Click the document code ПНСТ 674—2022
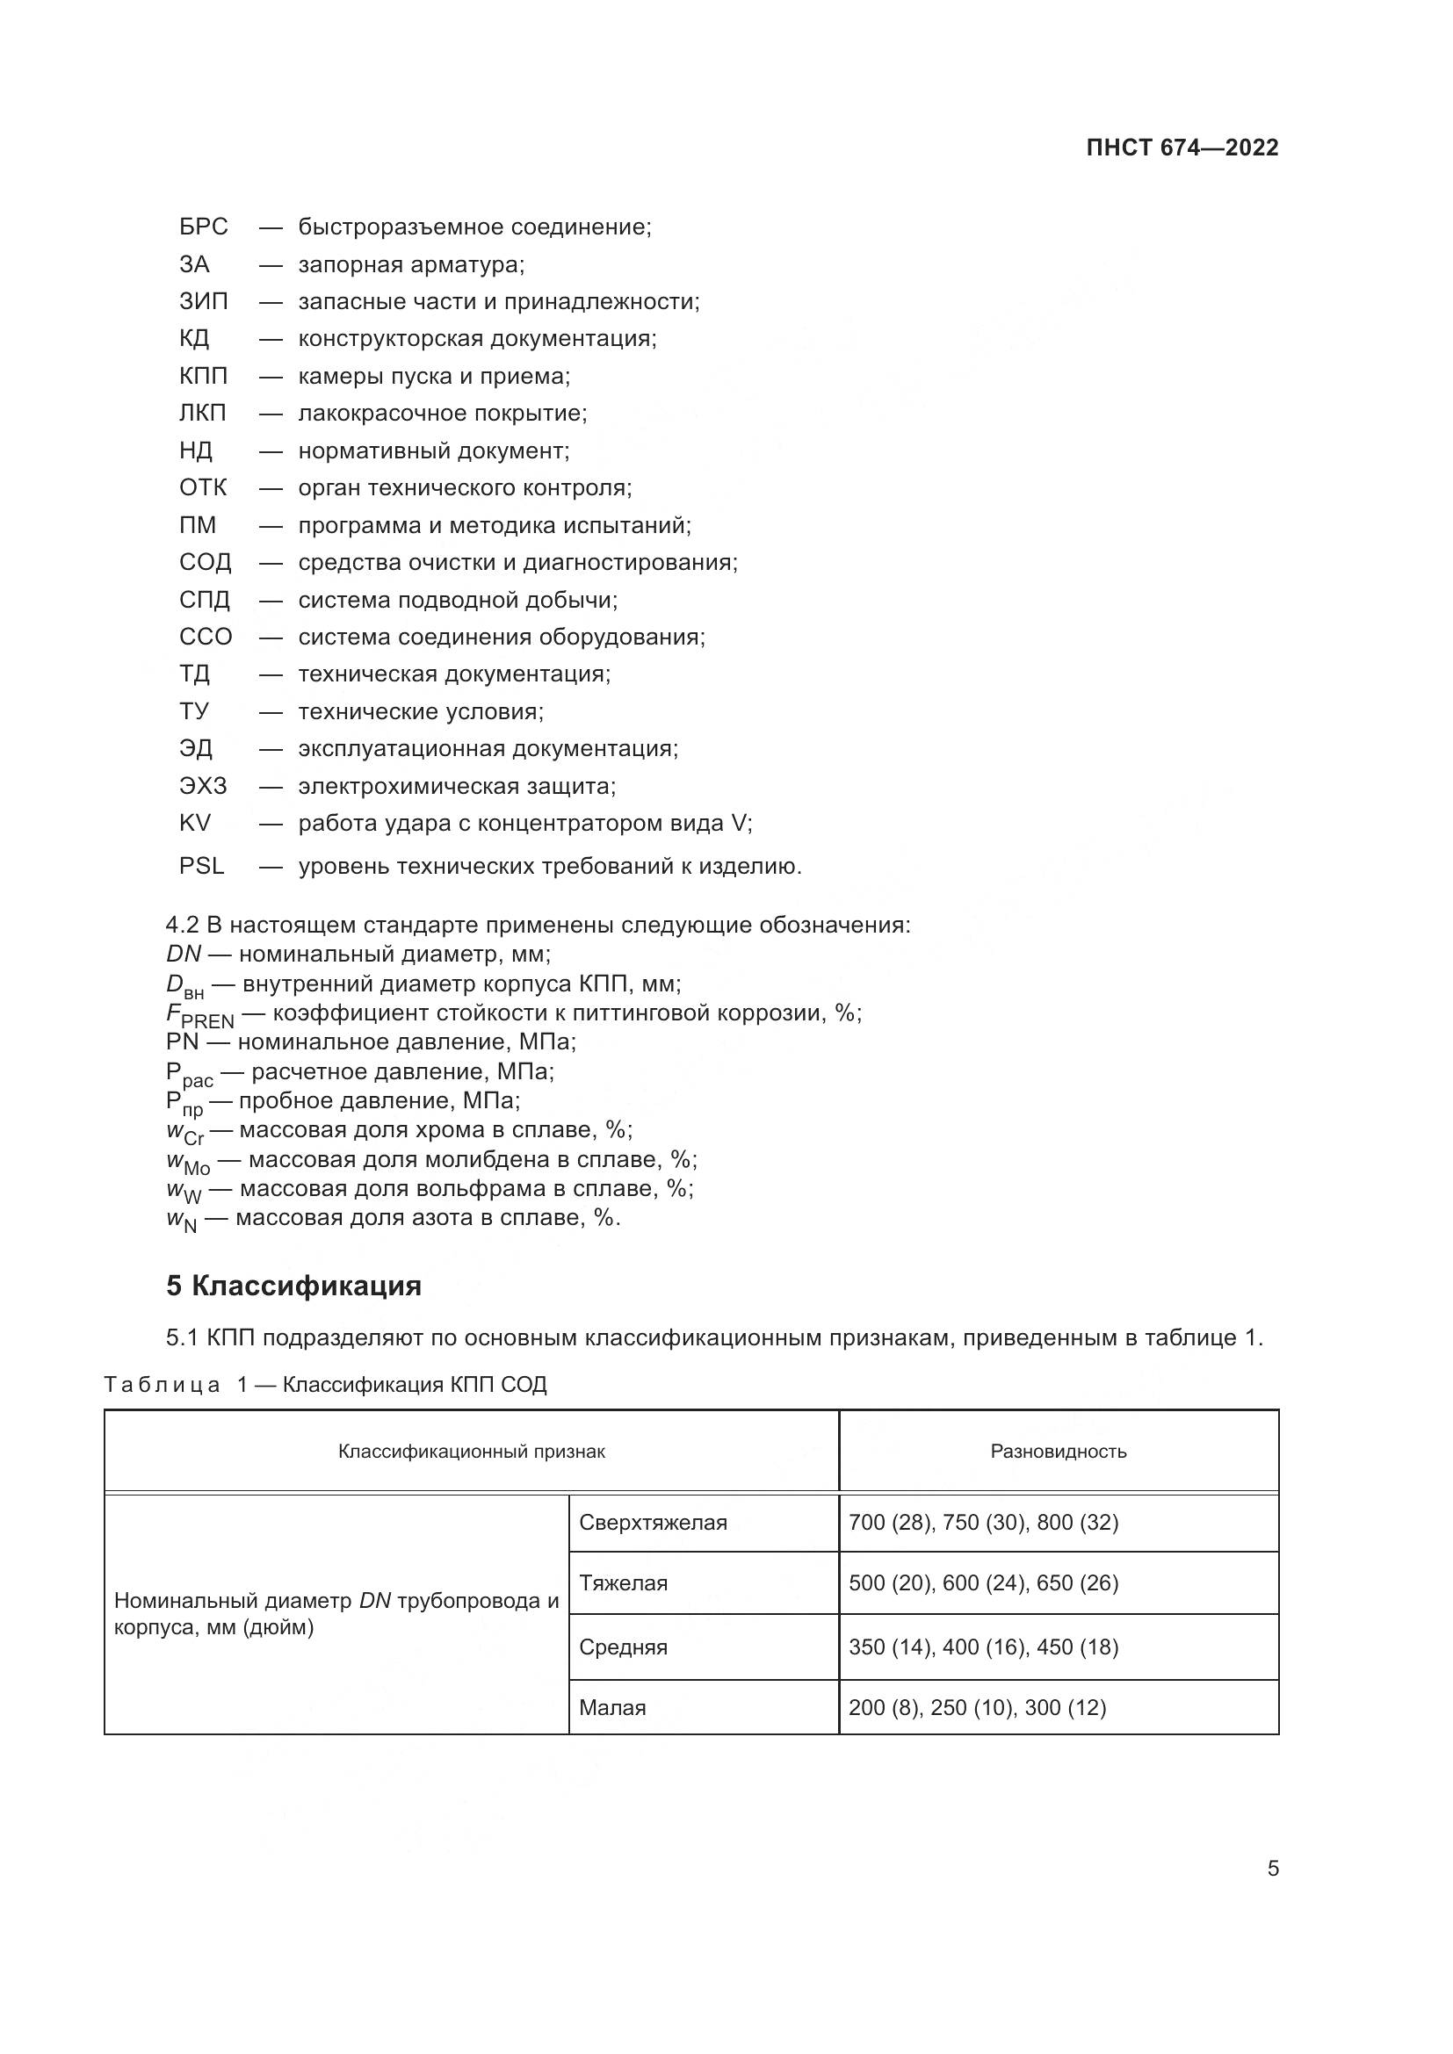tap(1182, 148)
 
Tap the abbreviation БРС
tap(203, 227)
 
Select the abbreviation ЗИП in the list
tap(203, 301)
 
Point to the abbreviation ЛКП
tap(202, 414)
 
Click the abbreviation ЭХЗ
tap(202, 786)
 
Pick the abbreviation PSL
tap(201, 866)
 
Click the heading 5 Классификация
tap(293, 1286)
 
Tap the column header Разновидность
tap(1058, 1451)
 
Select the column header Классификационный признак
tap(472, 1451)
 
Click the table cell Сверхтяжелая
tap(652, 1523)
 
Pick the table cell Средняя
tap(623, 1647)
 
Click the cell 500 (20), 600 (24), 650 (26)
tap(983, 1582)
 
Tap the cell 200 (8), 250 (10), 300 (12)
tap(977, 1707)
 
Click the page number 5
tap(1272, 1869)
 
